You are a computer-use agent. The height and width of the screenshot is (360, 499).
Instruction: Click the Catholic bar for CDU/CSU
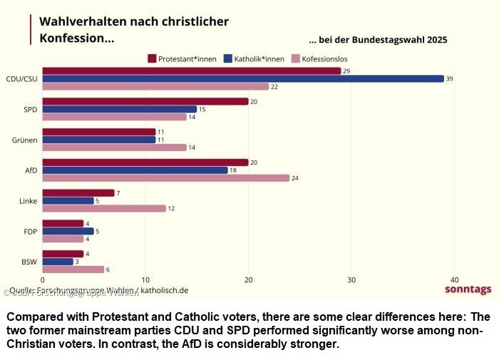(242, 78)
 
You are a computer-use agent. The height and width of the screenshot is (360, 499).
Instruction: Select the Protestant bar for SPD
(145, 101)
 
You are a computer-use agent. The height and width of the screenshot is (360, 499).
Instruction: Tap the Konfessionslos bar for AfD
(165, 178)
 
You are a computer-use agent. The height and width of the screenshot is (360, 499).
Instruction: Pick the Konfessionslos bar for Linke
(104, 208)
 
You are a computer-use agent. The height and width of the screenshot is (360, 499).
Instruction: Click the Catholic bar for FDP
(68, 231)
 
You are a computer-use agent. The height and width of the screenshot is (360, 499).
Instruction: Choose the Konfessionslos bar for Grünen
(114, 147)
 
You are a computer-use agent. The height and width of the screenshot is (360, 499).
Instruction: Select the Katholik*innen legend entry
(254, 58)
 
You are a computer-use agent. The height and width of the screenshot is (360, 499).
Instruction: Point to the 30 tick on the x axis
(351, 280)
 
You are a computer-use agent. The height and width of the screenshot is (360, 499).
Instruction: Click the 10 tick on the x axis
(145, 280)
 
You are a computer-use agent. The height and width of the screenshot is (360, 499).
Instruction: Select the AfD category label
(31, 170)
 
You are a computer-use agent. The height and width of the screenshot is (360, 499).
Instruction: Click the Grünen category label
(25, 140)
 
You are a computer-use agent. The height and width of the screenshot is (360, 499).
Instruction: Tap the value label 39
(449, 78)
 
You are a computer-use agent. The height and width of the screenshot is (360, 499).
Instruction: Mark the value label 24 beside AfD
(294, 178)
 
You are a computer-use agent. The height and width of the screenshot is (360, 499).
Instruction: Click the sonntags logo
(468, 289)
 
